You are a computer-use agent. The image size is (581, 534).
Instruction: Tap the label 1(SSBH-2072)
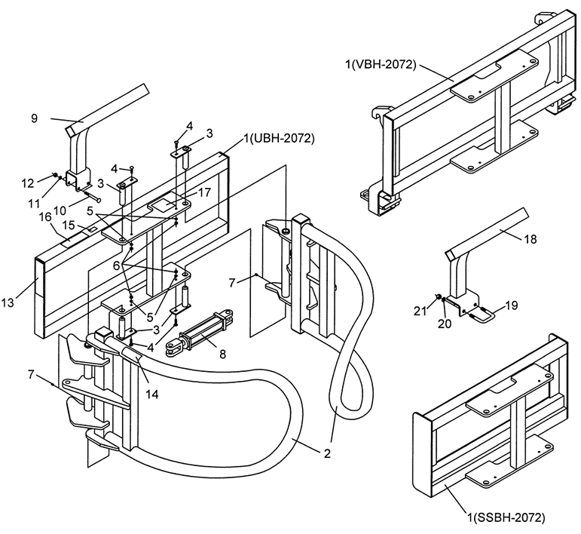point(506,517)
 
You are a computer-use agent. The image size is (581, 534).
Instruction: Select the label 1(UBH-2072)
point(279,139)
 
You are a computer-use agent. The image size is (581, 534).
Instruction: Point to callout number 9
point(34,118)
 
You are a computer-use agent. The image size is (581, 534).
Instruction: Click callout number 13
point(8,302)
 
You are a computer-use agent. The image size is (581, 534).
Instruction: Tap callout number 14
point(152,394)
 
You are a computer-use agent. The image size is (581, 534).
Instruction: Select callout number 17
point(204,192)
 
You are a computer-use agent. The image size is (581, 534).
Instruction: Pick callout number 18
point(531,239)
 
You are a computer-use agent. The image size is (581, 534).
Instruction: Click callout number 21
point(420,311)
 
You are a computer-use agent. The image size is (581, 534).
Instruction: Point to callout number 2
point(327,453)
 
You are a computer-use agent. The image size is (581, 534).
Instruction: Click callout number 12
point(28,183)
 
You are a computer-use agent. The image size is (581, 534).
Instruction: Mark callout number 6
point(116,265)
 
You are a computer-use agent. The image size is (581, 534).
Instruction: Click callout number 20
point(445,324)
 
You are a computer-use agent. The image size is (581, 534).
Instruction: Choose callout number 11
point(34,203)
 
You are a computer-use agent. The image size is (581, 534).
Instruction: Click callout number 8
point(222,354)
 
